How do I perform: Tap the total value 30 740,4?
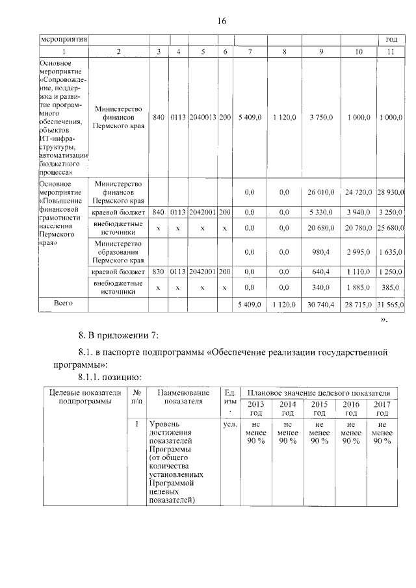coord(318,304)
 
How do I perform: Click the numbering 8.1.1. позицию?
coord(109,376)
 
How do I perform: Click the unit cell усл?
coord(229,424)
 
